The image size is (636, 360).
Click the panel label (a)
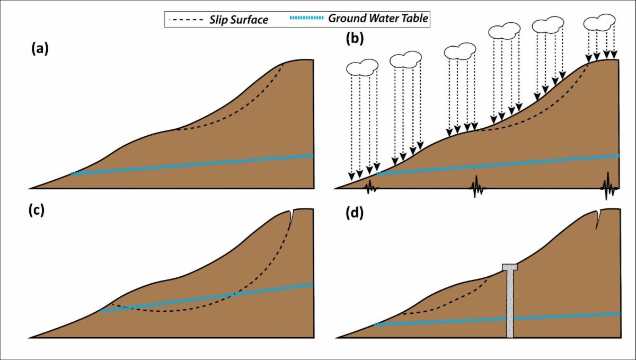coord(40,49)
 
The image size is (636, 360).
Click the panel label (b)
coord(355,39)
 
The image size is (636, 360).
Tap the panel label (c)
coord(37,210)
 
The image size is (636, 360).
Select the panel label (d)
coord(355,213)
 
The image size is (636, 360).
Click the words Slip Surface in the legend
coord(239,20)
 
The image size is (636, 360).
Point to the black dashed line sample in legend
coord(186,20)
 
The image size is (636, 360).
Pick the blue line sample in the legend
coord(306,18)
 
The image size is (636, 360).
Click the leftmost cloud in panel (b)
coord(363,68)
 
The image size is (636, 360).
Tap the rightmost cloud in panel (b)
coord(599,22)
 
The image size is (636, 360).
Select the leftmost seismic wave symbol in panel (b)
coord(370,187)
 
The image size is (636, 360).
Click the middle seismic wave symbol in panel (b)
coord(476,187)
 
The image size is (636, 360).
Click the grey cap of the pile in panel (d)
coord(510,267)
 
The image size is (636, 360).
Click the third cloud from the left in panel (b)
coord(460,51)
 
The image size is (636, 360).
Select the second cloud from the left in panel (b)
coord(406,60)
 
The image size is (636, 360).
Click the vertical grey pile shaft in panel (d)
coord(510,304)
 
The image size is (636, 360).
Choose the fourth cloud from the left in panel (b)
coord(505,31)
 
